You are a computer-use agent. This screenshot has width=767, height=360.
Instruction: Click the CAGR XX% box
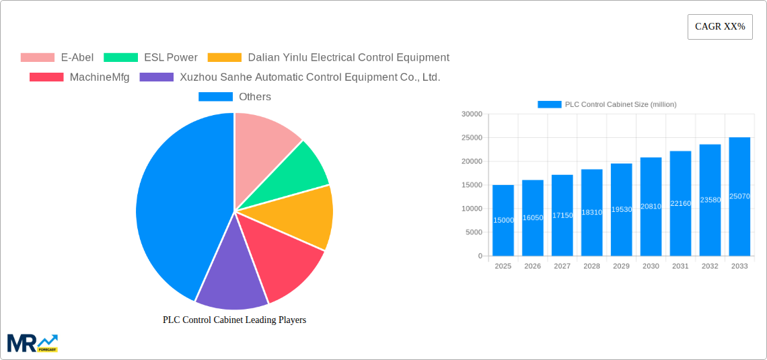click(719, 27)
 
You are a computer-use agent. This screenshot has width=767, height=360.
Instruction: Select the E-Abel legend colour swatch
click(37, 58)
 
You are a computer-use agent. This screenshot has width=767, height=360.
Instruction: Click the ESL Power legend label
click(171, 58)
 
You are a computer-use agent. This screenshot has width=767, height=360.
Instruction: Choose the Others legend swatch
click(215, 97)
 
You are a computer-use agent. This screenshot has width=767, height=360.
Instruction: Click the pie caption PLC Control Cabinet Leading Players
click(234, 320)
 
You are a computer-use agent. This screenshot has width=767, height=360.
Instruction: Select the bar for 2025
click(503, 221)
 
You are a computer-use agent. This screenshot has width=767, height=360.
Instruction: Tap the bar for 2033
click(739, 196)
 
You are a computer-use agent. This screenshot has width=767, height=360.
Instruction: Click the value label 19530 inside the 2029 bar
click(621, 209)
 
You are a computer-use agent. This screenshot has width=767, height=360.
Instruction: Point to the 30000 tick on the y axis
click(472, 114)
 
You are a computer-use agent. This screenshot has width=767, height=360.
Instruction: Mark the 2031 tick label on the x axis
click(680, 266)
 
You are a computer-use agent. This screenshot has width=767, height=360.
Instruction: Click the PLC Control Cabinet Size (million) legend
click(607, 104)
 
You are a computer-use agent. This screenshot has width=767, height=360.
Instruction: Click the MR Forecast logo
click(32, 343)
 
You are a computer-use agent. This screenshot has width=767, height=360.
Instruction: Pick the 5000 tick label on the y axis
click(474, 232)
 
